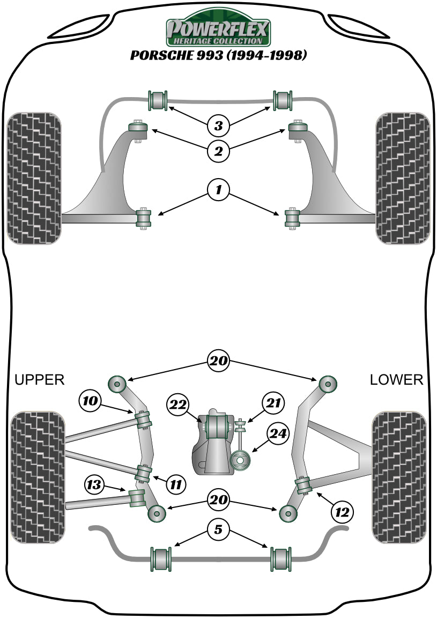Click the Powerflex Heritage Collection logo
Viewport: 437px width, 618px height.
click(x=218, y=31)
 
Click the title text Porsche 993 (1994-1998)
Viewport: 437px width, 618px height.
click(x=218, y=56)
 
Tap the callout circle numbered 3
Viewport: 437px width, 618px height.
click(x=218, y=126)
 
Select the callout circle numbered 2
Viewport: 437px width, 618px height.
click(x=218, y=151)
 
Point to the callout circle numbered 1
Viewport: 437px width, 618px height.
click(x=218, y=189)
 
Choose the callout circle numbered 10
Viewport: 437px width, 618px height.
click(x=90, y=400)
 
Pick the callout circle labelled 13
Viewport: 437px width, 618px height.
click(x=94, y=485)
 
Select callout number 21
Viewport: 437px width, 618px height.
click(x=273, y=402)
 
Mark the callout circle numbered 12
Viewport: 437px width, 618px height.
click(x=342, y=512)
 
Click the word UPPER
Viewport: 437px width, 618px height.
click(x=39, y=380)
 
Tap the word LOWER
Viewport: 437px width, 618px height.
click(x=396, y=380)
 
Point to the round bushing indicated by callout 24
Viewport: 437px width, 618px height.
click(x=241, y=460)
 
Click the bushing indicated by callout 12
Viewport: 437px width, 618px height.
click(x=304, y=485)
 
